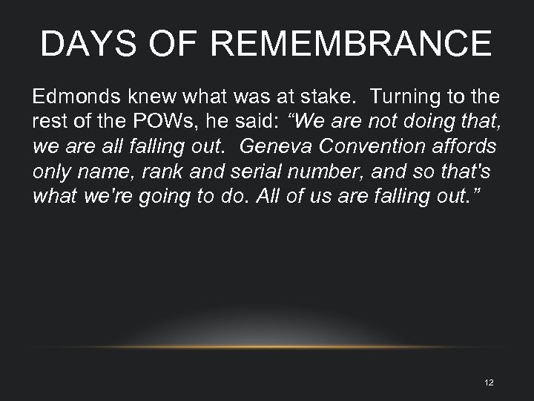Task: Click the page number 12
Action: click(488, 382)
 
